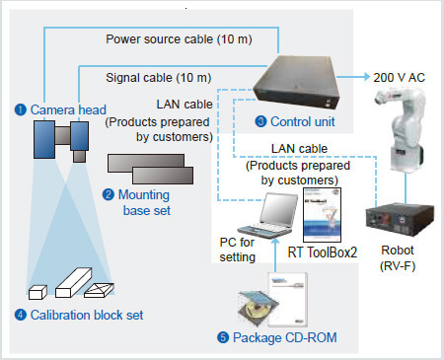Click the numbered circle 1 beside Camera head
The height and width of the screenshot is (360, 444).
[21, 109]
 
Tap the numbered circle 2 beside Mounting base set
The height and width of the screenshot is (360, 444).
[109, 194]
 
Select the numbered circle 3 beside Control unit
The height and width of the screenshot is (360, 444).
[260, 121]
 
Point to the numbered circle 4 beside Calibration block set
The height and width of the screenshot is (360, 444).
[21, 315]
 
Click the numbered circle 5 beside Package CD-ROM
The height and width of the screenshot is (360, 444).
[223, 337]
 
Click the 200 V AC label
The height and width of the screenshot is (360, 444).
[399, 78]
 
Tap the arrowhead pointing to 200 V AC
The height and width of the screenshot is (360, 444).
[366, 77]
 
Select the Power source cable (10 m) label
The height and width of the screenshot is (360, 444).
[179, 39]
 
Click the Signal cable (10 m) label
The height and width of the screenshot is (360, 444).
[159, 78]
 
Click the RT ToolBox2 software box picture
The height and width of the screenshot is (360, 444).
[322, 215]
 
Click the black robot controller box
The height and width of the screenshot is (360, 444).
[400, 219]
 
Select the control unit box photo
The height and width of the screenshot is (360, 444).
[297, 82]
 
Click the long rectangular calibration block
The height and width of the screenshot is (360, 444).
[73, 282]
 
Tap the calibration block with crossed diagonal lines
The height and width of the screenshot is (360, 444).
[99, 290]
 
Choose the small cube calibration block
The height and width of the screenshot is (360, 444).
[37, 292]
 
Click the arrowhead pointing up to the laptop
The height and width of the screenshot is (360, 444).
[275, 242]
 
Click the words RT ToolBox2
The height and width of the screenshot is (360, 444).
[323, 252]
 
